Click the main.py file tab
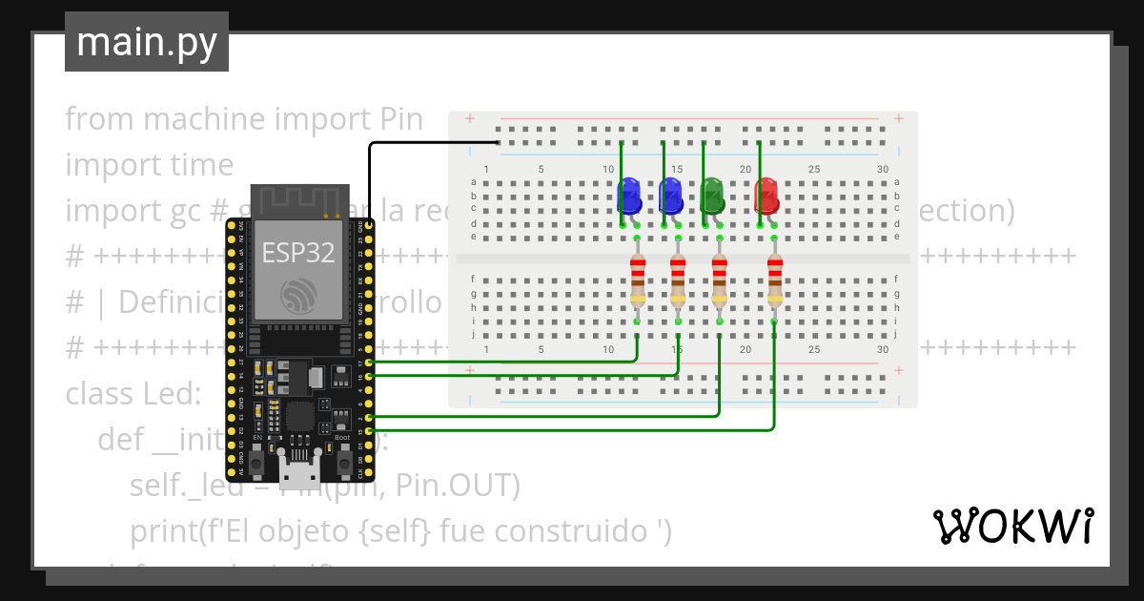[x=146, y=42]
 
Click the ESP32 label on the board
[x=297, y=253]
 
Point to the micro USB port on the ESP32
[x=300, y=469]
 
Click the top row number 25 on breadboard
[x=814, y=170]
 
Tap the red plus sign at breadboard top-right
[x=898, y=119]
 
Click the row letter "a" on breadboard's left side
[x=474, y=182]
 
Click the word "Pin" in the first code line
[x=400, y=119]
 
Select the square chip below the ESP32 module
[x=298, y=417]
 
